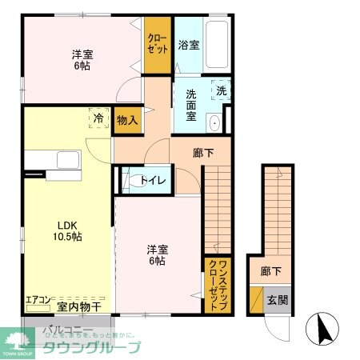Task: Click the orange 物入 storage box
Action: [127, 120]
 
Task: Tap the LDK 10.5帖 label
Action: [67, 230]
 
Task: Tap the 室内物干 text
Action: [79, 306]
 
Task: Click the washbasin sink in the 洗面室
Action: [214, 123]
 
